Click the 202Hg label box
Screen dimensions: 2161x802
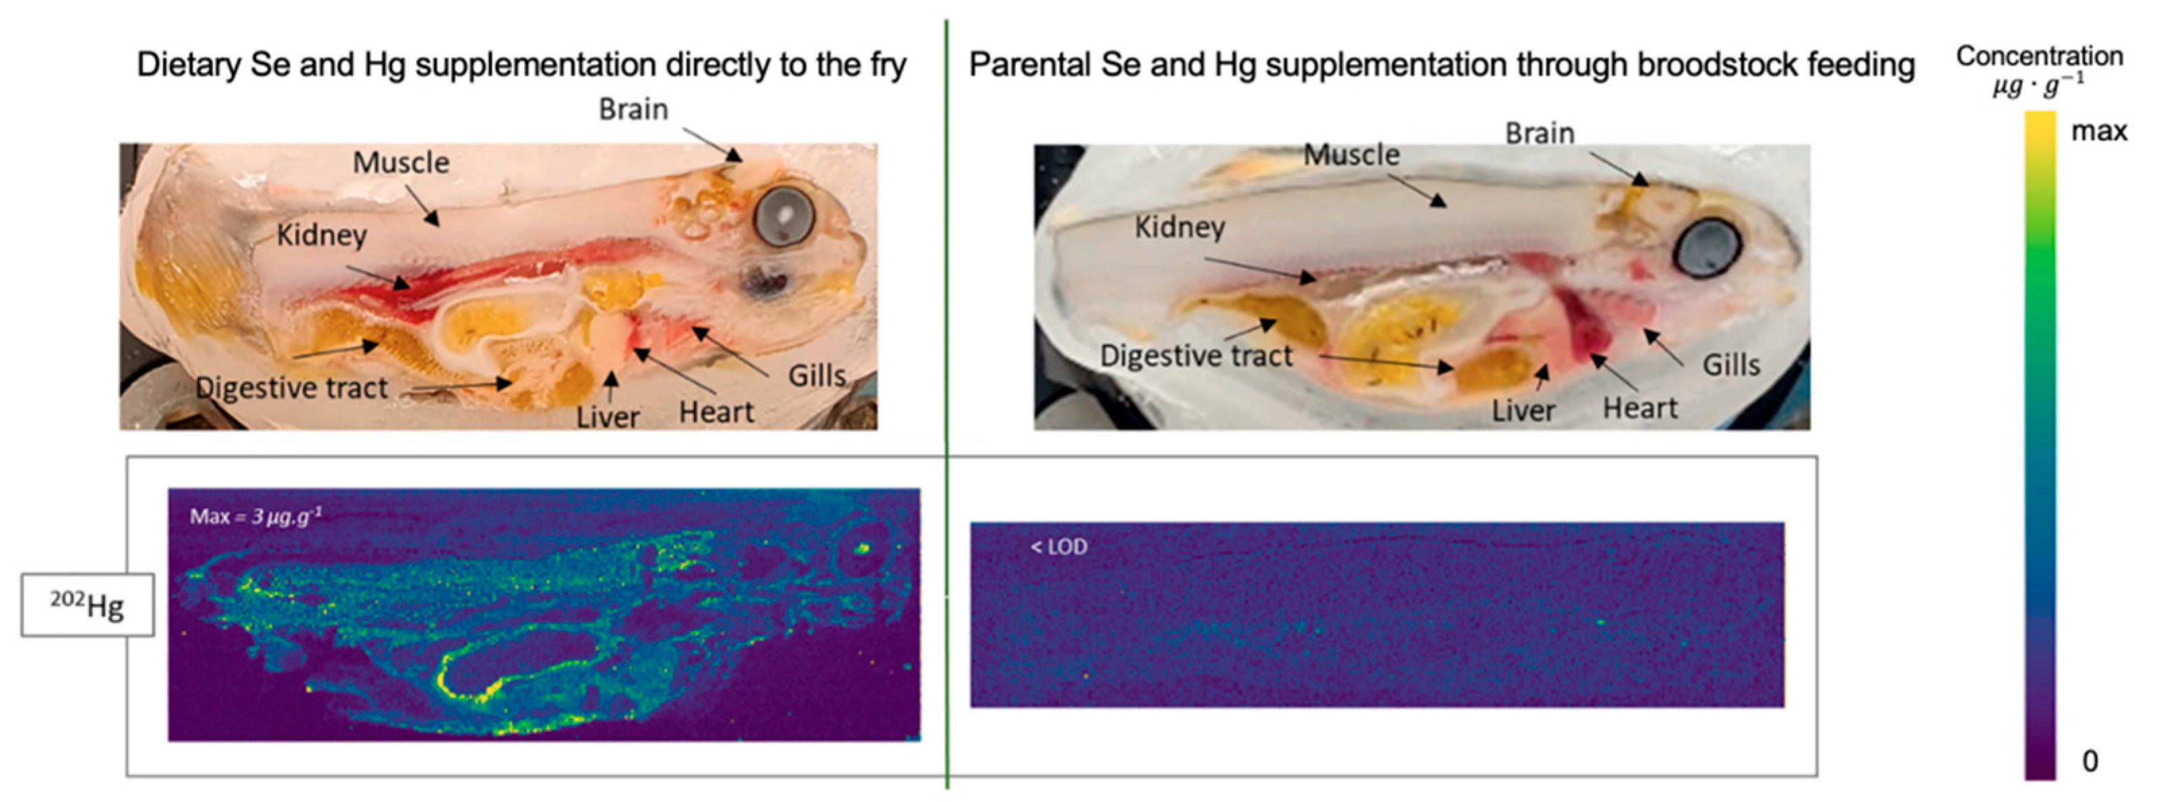[88, 605]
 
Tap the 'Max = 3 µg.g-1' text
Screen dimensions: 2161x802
[256, 515]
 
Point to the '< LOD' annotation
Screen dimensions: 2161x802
[1059, 547]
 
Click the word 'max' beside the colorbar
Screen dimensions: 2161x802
[2099, 131]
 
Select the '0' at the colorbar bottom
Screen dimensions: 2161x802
[2090, 760]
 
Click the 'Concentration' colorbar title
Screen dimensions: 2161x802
[2039, 56]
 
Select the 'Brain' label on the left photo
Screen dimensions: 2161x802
[633, 109]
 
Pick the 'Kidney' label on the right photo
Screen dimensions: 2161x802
[1180, 226]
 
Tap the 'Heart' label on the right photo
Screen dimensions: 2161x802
[1640, 408]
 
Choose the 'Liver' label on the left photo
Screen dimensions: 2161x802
[608, 417]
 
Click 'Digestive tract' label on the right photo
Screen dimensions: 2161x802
[1196, 356]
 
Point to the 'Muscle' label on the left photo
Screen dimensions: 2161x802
[401, 162]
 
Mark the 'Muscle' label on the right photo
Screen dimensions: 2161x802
[1351, 154]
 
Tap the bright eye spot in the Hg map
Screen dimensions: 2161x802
[862, 548]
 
